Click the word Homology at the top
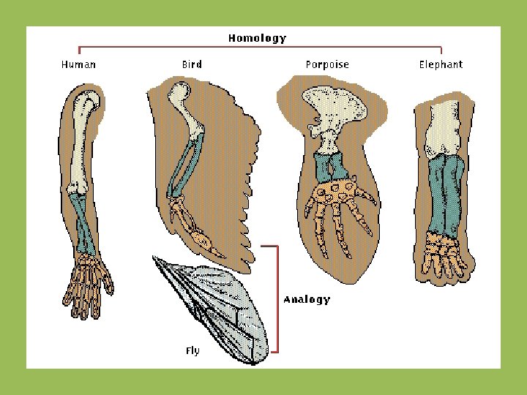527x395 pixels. pyautogui.click(x=257, y=38)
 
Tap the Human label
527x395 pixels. pyautogui.click(x=78, y=64)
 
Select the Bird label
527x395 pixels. pyautogui.click(x=192, y=64)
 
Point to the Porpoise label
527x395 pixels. pyautogui.click(x=327, y=64)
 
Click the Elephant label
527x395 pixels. pyautogui.click(x=441, y=64)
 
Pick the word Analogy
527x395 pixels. pyautogui.click(x=307, y=299)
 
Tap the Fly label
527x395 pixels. pyautogui.click(x=192, y=350)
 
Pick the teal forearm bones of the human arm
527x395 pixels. pyautogui.click(x=85, y=227)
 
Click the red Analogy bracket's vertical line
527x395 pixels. pyautogui.click(x=277, y=299)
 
